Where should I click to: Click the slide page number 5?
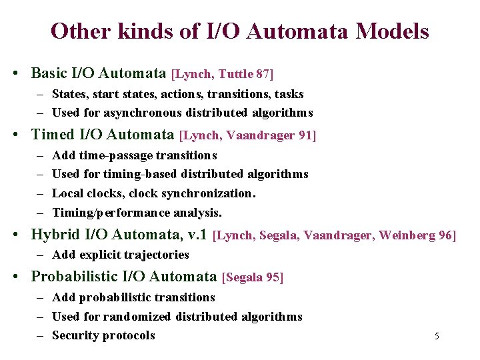tap(437, 336)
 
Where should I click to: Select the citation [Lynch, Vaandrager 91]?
tap(248, 135)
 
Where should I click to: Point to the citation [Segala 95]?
tap(253, 277)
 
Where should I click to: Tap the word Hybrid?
tap(54, 235)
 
